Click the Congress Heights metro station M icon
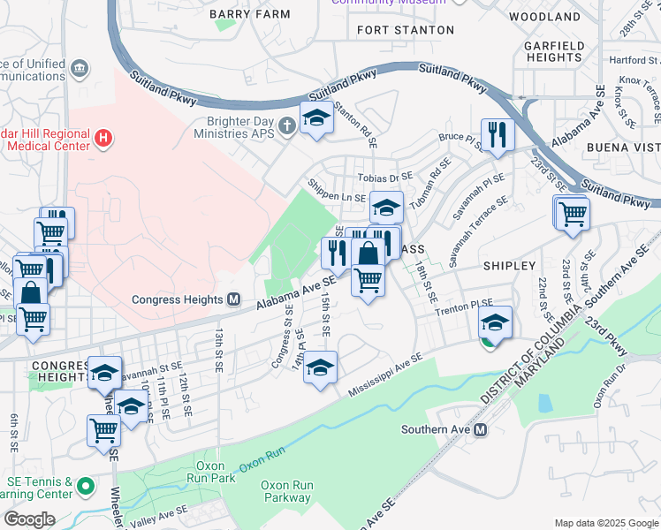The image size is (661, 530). (x=234, y=299)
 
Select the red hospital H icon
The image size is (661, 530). (x=104, y=138)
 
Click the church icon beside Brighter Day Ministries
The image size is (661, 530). (x=286, y=126)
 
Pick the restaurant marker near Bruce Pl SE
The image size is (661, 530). (x=498, y=134)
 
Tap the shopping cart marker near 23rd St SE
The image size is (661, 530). (x=573, y=213)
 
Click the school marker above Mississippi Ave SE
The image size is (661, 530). (x=320, y=367)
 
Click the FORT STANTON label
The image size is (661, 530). (x=406, y=30)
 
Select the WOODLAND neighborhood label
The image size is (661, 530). (x=545, y=17)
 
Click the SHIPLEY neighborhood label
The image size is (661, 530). (x=509, y=266)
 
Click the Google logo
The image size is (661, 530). (x=29, y=519)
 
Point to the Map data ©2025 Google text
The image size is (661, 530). (x=605, y=523)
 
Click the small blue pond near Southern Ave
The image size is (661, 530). (x=544, y=404)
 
